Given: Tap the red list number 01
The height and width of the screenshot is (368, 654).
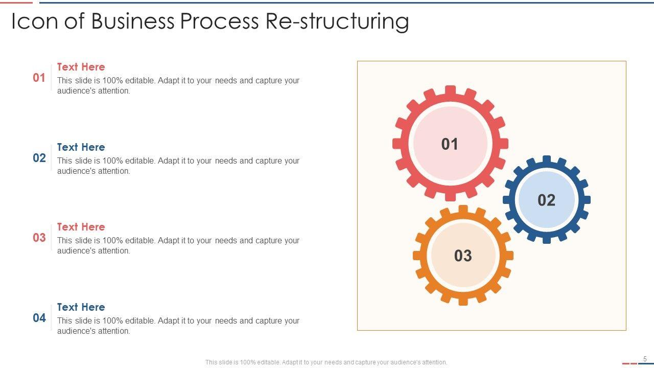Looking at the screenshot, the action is pyautogui.click(x=39, y=78).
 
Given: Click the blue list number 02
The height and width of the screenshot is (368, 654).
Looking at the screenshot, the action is pyautogui.click(x=39, y=158).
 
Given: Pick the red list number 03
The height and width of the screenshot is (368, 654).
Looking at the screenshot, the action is pyautogui.click(x=39, y=238).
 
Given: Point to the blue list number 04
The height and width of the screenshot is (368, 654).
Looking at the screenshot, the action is pyautogui.click(x=39, y=318).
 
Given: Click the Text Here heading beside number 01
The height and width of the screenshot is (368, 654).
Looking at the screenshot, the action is pyautogui.click(x=81, y=67).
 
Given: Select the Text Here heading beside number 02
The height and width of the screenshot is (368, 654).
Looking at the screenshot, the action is pyautogui.click(x=81, y=147).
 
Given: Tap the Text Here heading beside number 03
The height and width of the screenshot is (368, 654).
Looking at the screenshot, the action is pyautogui.click(x=81, y=227).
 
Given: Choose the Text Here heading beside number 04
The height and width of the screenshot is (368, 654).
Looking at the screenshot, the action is pyautogui.click(x=81, y=307).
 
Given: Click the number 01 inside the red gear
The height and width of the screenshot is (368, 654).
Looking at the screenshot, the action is pyautogui.click(x=450, y=144).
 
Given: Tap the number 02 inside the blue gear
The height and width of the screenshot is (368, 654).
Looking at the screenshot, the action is pyautogui.click(x=546, y=200).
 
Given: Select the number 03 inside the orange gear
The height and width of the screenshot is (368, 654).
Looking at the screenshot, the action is pyautogui.click(x=463, y=256).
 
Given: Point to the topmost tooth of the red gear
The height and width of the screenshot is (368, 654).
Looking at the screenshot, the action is pyautogui.click(x=450, y=90).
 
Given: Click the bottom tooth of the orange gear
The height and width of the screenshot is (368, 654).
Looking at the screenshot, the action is pyautogui.click(x=463, y=302).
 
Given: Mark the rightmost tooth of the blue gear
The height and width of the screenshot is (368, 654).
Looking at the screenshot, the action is pyautogui.click(x=587, y=200).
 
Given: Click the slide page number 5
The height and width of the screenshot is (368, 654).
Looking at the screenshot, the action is pyautogui.click(x=645, y=359).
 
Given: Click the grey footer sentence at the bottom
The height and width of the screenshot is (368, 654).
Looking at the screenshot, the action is pyautogui.click(x=326, y=362).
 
